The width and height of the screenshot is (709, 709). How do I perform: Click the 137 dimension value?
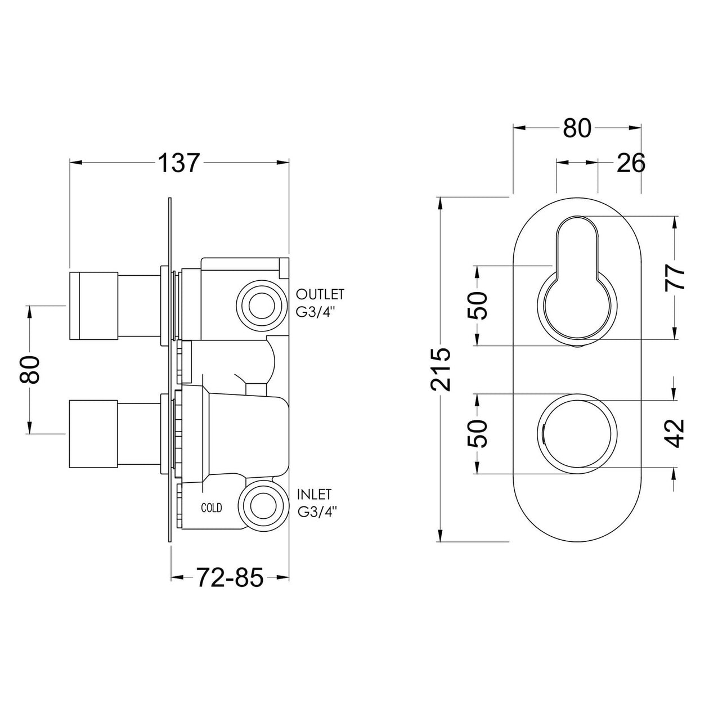coord(178,163)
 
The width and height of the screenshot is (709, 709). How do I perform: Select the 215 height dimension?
coord(441,369)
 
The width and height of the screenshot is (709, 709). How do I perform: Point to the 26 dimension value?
coord(631,163)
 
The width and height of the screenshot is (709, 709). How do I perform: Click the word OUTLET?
coord(320,294)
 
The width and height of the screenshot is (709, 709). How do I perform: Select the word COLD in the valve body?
coord(212,508)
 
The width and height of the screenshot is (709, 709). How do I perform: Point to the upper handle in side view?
coord(93,306)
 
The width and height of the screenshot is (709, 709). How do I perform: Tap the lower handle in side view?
coord(93,434)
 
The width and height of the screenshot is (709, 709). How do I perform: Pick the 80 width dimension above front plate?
coord(577,129)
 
